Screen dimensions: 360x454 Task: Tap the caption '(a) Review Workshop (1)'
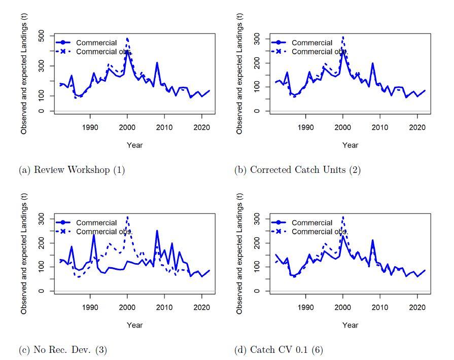(72, 170)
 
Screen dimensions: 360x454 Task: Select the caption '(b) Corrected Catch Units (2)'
(297, 170)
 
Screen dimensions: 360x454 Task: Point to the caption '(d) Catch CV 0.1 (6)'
(278, 349)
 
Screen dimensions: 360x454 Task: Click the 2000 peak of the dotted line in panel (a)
(127, 39)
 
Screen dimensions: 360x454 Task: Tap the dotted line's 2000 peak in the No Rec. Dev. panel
(127, 217)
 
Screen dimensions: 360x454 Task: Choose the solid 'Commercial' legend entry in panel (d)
(311, 223)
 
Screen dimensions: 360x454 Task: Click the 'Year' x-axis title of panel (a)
(134, 145)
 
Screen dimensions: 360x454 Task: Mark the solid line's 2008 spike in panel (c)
(157, 231)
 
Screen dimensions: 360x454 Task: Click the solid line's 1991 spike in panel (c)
(94, 235)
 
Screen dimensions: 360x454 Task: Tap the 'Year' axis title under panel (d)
(350, 325)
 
